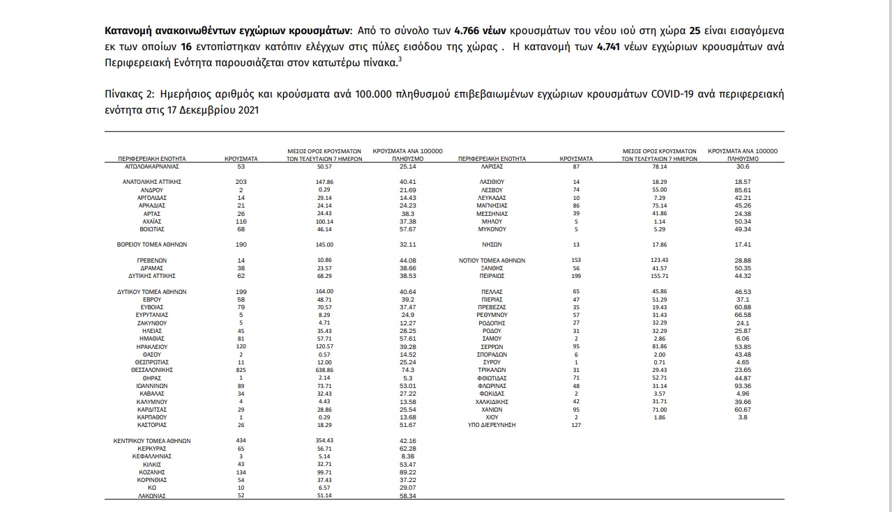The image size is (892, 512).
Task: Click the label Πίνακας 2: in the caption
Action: click(x=128, y=94)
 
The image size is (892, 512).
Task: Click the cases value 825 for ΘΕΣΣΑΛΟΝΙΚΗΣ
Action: click(x=241, y=370)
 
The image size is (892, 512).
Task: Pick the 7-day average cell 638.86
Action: click(x=325, y=370)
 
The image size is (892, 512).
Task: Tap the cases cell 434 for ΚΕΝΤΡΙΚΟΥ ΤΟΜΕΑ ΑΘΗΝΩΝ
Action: click(x=241, y=441)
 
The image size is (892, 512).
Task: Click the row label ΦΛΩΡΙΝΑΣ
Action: click(x=492, y=386)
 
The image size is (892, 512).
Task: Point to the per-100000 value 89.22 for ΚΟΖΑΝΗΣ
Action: click(x=399, y=472)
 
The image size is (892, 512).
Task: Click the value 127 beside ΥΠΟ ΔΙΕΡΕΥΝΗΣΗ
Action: click(x=576, y=425)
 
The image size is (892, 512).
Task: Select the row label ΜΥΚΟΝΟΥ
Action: click(x=492, y=229)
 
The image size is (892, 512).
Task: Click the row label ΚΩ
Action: click(x=151, y=488)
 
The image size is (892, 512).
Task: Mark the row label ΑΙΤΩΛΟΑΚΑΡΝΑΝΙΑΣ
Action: click(x=151, y=167)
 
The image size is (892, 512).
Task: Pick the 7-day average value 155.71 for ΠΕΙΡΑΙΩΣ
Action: click(x=659, y=277)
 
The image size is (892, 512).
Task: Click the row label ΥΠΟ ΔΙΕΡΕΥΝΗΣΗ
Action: click(x=492, y=425)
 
